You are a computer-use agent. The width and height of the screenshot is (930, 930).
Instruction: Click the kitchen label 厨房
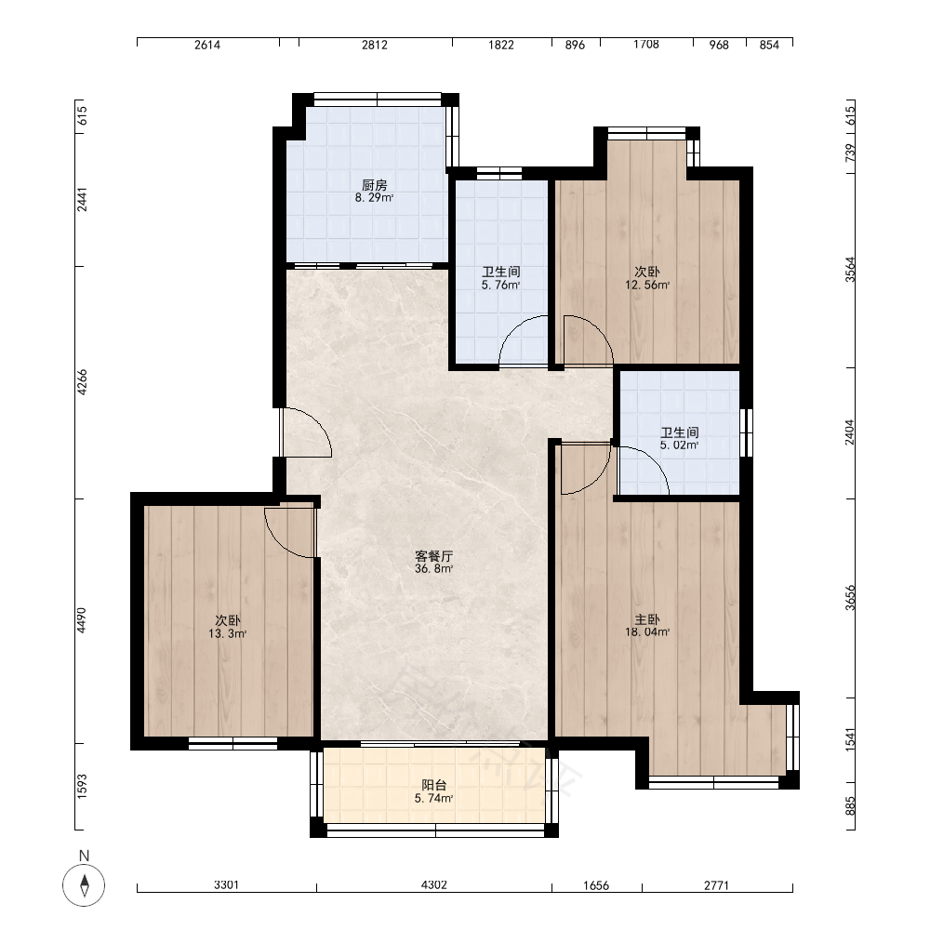[x=374, y=186]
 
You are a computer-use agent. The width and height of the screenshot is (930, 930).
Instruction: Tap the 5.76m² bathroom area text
[x=500, y=285]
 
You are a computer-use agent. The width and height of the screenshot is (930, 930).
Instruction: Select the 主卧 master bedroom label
[x=647, y=619]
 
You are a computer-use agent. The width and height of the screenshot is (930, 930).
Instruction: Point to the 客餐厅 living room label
[x=433, y=556]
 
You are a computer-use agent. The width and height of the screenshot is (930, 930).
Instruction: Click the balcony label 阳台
[x=433, y=786]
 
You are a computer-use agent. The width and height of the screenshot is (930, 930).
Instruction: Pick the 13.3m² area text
[x=227, y=633]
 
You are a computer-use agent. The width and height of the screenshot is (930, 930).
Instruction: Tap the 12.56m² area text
[x=647, y=285]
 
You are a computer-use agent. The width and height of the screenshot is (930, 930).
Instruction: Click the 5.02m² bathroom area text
[x=679, y=445]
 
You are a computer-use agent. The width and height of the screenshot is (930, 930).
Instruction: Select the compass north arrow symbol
[x=85, y=885]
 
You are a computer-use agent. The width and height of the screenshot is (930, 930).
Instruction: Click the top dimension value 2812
[x=375, y=45]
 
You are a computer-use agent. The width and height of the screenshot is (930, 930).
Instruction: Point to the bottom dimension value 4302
[x=433, y=885]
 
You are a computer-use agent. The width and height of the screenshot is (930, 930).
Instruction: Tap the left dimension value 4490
[x=82, y=620]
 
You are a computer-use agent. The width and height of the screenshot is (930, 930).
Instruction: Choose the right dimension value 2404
[x=850, y=432]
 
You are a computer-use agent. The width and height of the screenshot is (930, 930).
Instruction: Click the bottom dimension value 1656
[x=596, y=885]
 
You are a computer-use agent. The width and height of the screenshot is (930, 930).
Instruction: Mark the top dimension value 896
[x=575, y=45]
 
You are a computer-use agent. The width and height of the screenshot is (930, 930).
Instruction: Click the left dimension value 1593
[x=82, y=786]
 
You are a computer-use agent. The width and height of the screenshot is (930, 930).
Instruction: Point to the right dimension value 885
[x=850, y=805]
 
